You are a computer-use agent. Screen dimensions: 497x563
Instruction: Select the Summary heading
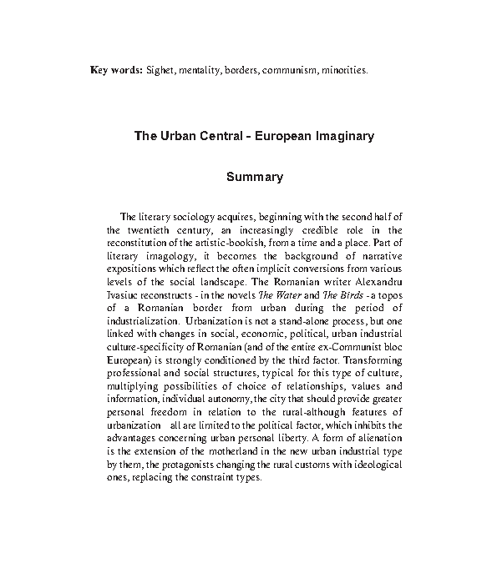[255, 177]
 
